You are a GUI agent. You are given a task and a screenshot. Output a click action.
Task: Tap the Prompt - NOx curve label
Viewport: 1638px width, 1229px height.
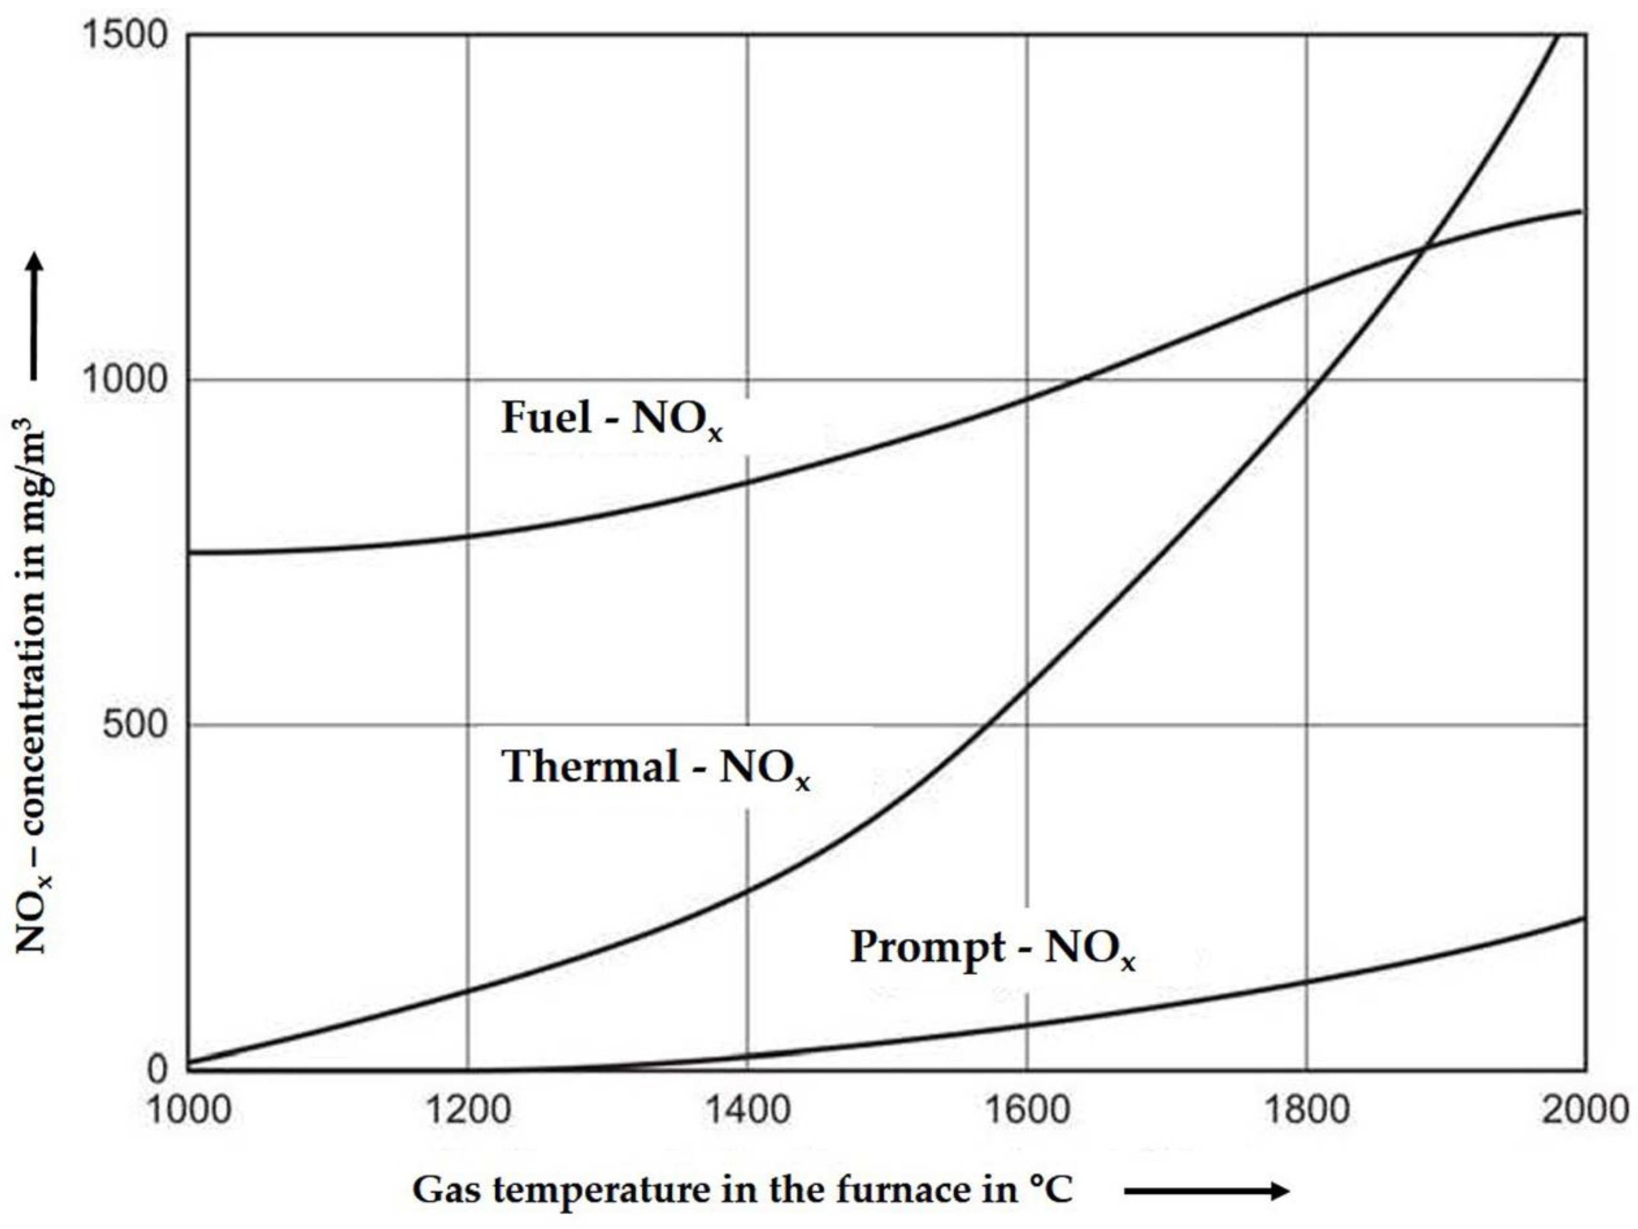tap(992, 948)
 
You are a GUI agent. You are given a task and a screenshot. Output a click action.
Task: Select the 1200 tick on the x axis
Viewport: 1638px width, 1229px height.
tap(468, 1110)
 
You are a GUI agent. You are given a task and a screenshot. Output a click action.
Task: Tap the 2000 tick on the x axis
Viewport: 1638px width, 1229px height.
tap(1585, 1110)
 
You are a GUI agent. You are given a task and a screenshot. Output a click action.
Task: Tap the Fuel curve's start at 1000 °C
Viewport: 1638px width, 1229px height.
tap(190, 552)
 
